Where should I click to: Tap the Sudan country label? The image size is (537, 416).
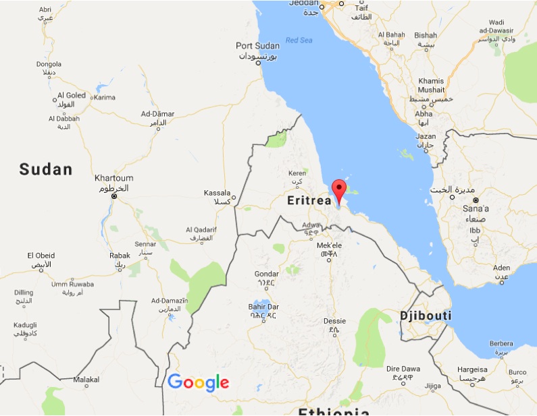[45, 169]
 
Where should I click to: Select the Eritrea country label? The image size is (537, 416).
[309, 200]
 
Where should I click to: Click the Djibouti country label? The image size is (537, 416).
[426, 316]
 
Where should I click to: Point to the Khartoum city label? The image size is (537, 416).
[111, 179]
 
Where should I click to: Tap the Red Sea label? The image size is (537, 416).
[299, 40]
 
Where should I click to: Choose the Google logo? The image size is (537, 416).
[198, 382]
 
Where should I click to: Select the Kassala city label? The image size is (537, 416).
[217, 193]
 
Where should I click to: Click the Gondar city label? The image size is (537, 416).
[265, 274]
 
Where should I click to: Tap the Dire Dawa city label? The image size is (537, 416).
[403, 369]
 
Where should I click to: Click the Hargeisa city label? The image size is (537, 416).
[472, 369]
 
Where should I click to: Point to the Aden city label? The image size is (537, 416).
[501, 268]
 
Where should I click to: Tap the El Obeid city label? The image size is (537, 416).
[41, 256]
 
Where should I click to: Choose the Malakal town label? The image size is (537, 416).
[86, 380]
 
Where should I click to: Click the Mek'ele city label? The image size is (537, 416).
[330, 245]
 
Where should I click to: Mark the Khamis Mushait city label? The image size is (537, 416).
[432, 85]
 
